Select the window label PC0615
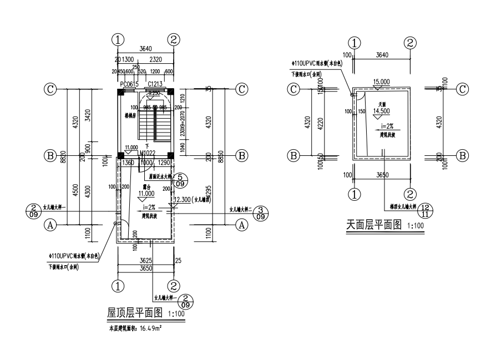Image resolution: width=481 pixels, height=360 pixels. (129, 84)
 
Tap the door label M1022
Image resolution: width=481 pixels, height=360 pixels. (147, 154)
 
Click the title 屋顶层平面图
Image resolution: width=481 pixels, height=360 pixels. (134, 313)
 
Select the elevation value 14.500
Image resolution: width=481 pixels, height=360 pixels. (381, 110)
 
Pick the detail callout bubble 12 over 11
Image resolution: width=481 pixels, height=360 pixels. (426, 210)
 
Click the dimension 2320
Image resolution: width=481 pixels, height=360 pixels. (156, 59)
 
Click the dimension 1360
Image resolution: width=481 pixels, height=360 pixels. (128, 163)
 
